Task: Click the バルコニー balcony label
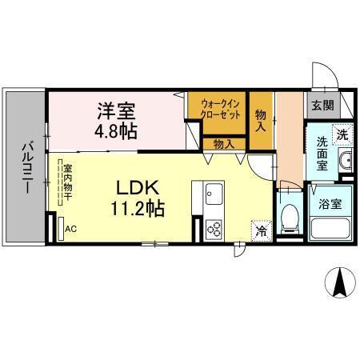coord(25,166)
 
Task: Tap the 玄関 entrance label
coord(322,105)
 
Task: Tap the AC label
coord(70,229)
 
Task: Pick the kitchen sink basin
coord(214,194)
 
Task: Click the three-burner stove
coord(214,228)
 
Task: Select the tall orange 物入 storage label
coord(261,119)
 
